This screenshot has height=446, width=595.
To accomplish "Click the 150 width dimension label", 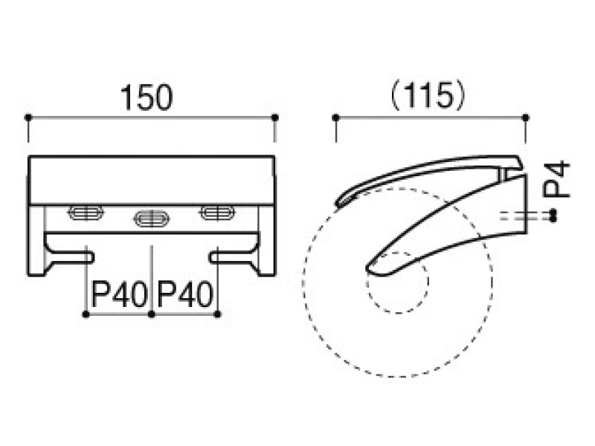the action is [x=147, y=98].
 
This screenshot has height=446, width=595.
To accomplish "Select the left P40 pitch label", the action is [x=119, y=294].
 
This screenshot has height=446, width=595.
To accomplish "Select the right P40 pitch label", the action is [x=184, y=294].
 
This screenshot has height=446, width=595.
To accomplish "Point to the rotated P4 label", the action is [x=556, y=179].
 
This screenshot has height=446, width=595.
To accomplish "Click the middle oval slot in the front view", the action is [x=152, y=219].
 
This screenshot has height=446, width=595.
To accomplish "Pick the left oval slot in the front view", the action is [x=86, y=213].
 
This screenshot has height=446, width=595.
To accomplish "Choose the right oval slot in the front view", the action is [x=217, y=213].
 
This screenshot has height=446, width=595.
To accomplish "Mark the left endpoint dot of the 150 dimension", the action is [x=28, y=117].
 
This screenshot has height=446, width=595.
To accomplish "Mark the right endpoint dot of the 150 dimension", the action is [x=275, y=117].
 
